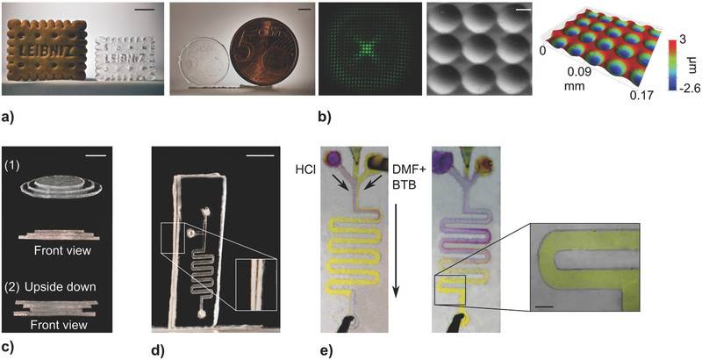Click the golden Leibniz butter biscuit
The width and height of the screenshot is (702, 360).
[47, 50]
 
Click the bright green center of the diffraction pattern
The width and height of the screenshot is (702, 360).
[368, 47]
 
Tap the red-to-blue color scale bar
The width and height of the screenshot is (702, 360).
[674, 66]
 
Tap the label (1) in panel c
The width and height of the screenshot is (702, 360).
[11, 165]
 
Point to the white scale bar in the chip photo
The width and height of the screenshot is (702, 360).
[260, 155]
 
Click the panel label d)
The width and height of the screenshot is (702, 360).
[159, 350]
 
